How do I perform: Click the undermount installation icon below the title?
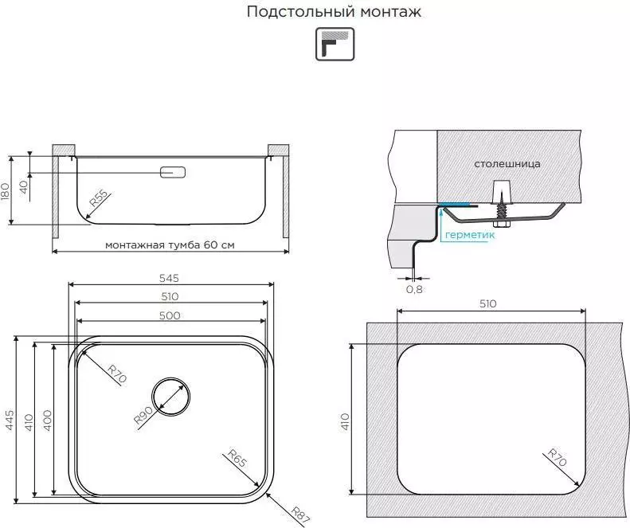coord(335,44)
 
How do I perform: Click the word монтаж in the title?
coord(390,12)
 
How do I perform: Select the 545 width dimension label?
coord(169,278)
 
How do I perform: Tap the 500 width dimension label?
coord(170,315)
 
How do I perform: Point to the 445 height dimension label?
coord(10,420)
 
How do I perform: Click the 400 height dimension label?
coord(48,420)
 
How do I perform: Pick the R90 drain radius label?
coord(143,415)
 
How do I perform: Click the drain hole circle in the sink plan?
coord(171,397)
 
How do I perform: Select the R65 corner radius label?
coord(237,459)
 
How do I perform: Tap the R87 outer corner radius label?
coord(300,516)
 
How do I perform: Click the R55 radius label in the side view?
coord(99,198)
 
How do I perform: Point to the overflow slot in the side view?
coord(173,172)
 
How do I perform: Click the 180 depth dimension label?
coord(5,193)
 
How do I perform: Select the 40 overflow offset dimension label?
coord(23,187)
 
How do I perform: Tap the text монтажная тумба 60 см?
coord(170,244)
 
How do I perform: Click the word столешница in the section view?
coord(507,164)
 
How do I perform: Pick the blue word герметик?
coord(470,235)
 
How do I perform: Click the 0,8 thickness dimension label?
coord(414,289)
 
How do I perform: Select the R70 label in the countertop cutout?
coord(557,458)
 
